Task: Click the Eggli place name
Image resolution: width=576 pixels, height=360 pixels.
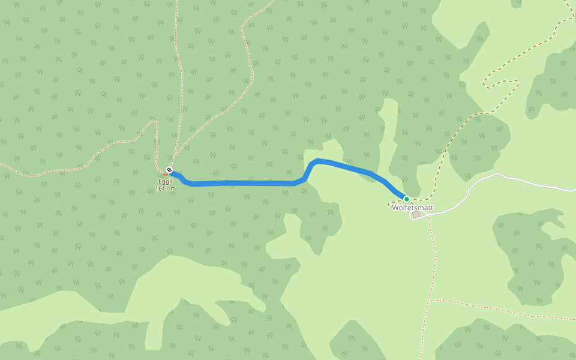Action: point(165,181)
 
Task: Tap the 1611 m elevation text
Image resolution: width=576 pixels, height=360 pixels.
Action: point(163,188)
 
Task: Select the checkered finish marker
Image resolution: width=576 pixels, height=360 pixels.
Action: point(169,170)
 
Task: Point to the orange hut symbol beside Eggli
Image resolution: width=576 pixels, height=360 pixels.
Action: point(165,175)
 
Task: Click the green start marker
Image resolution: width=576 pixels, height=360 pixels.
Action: point(406,199)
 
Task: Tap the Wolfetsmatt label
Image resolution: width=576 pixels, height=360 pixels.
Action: point(412,208)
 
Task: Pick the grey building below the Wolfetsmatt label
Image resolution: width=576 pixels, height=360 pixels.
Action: point(416,214)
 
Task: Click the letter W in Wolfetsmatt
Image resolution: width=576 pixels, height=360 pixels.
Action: point(395,208)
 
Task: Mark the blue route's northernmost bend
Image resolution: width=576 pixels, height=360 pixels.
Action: point(317,160)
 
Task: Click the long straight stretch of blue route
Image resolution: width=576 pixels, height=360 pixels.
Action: point(252,183)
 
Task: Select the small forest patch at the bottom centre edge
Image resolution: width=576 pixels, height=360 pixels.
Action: point(354,342)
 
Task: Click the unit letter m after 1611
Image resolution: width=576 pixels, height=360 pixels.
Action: point(173,188)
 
